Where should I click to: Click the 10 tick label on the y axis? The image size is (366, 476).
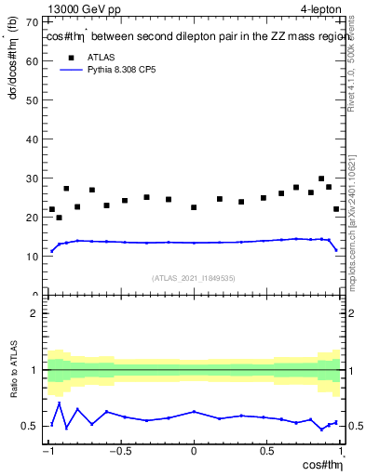point(33,257)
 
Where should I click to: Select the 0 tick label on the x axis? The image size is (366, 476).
point(194,452)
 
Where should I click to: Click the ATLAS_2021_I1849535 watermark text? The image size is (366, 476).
point(195,277)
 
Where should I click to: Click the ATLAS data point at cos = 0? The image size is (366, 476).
point(194,207)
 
